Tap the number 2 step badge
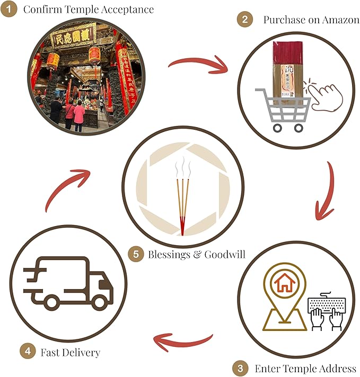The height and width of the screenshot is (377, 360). (x=244, y=20)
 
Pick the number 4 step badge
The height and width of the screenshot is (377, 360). (x=26, y=351)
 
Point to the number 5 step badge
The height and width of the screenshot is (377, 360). (x=136, y=254)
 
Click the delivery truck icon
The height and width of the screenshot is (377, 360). (x=68, y=283)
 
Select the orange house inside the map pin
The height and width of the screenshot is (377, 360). (x=285, y=284)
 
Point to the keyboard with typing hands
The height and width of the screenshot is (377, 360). (x=327, y=312)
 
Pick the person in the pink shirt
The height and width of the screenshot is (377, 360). (x=78, y=115)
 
